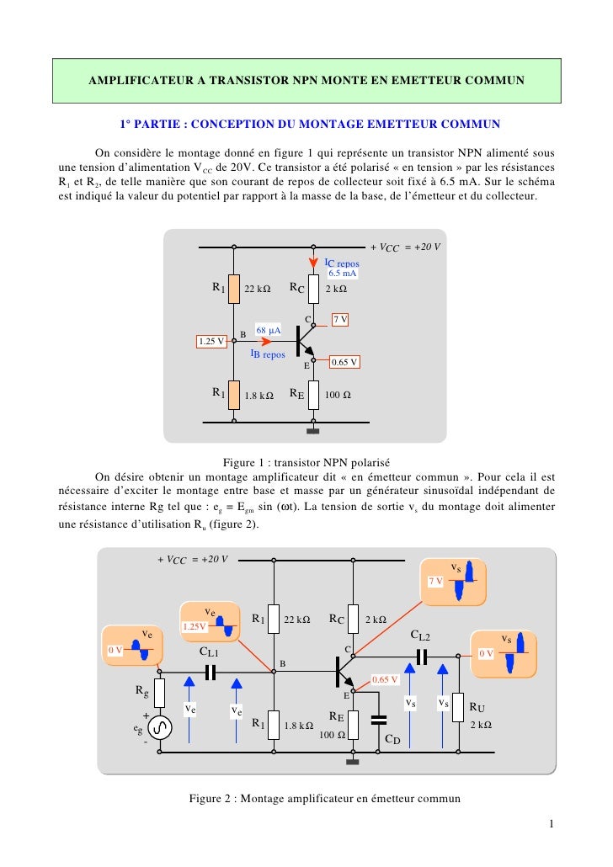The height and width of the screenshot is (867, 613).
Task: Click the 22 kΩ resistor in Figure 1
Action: coord(233,289)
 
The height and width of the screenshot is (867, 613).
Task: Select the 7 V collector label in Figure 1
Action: coord(340,320)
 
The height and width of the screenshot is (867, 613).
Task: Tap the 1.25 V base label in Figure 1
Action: coord(211,341)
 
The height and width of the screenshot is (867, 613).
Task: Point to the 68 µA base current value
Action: coord(268,329)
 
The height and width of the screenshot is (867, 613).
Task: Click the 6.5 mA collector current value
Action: coord(342,274)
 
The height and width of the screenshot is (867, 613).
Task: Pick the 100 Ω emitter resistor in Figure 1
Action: coord(313,393)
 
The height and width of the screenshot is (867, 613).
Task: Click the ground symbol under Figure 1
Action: coord(313,432)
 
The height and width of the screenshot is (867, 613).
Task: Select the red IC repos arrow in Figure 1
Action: coord(313,264)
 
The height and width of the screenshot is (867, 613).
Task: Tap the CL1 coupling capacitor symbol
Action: coord(210,671)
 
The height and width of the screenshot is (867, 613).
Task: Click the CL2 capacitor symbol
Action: coord(423,656)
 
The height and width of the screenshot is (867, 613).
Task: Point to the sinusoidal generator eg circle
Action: coord(158,727)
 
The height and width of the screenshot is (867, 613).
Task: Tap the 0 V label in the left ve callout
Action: coord(115,651)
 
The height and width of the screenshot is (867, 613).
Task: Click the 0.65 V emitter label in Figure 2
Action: coord(384,679)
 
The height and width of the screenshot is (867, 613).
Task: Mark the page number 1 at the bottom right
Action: coord(550,822)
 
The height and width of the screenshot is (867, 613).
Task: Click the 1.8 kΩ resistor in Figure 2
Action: coord(274,725)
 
